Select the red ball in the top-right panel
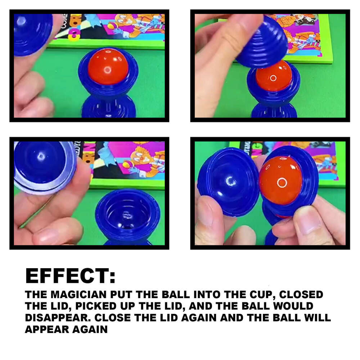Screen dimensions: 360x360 (274, 77)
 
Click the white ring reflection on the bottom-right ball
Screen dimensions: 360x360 (282, 183)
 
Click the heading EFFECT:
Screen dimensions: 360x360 (71, 276)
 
